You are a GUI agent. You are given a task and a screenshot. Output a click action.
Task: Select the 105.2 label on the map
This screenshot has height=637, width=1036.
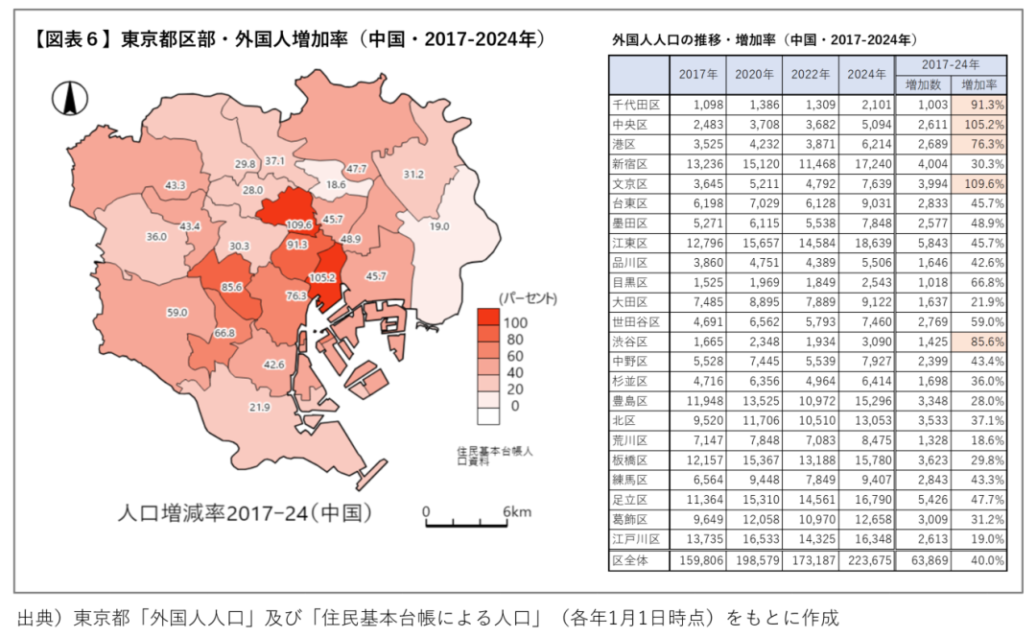(x=323, y=277)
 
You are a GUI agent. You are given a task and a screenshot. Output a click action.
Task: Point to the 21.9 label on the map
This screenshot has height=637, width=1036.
(x=259, y=407)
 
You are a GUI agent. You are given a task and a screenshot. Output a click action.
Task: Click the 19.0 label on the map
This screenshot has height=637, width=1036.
(x=439, y=226)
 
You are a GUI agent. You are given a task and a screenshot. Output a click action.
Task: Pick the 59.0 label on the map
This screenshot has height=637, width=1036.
(x=177, y=312)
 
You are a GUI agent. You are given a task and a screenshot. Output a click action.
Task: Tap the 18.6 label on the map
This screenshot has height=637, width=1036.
(x=336, y=184)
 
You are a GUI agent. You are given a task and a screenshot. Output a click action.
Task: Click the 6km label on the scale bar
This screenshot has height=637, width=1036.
(x=516, y=511)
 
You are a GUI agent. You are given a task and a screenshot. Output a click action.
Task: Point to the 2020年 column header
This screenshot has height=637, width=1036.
(x=754, y=74)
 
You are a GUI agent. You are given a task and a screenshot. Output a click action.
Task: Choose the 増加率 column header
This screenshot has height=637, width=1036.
(x=978, y=84)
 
